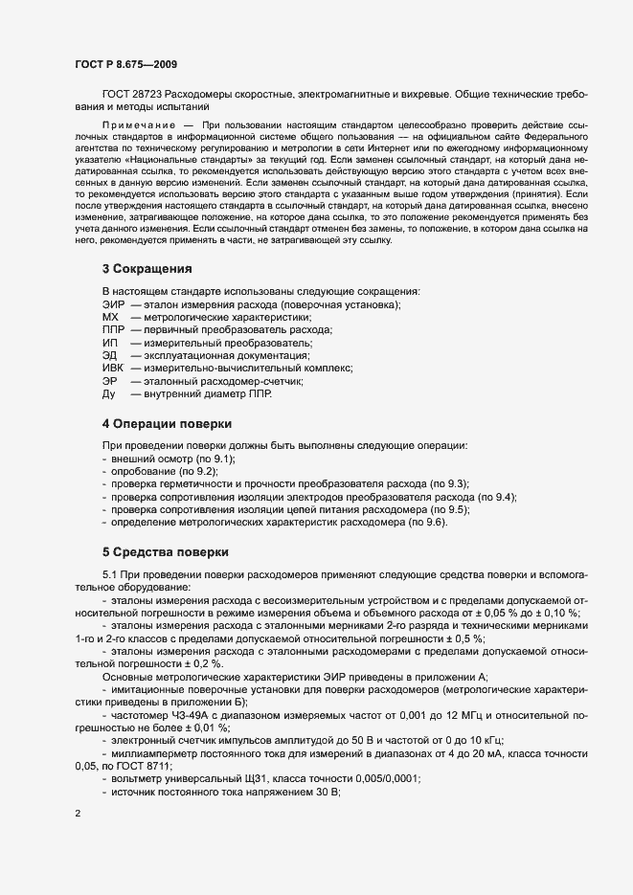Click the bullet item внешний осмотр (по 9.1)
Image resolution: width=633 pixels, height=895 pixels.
(x=167, y=459)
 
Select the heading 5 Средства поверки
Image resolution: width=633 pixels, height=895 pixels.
(x=165, y=551)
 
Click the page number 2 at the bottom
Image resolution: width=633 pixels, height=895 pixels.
(x=77, y=815)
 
